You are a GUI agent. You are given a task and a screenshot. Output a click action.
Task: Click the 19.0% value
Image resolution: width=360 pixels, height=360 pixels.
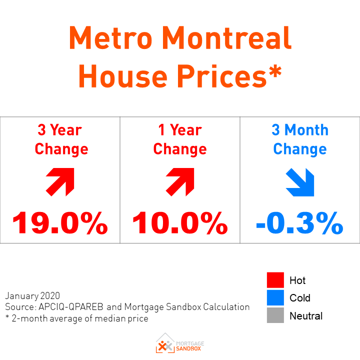pyautogui.click(x=60, y=223)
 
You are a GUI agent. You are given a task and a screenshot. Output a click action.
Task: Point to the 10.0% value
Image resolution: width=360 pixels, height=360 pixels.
pyautogui.click(x=180, y=223)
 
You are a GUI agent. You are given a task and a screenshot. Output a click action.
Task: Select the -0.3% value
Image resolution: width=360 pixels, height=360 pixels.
pyautogui.click(x=299, y=223)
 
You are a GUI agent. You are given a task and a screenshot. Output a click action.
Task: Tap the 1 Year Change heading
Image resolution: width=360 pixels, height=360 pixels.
pyautogui.click(x=180, y=139)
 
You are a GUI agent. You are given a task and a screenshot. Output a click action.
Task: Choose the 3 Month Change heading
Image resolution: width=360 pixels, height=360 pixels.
pyautogui.click(x=300, y=139)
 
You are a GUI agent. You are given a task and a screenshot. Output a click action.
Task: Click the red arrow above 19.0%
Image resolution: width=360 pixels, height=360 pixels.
pyautogui.click(x=60, y=181)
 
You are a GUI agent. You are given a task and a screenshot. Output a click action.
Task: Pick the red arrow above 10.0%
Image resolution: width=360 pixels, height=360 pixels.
pyautogui.click(x=180, y=181)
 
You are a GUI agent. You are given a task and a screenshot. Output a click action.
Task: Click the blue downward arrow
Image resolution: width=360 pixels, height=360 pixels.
pyautogui.click(x=300, y=182)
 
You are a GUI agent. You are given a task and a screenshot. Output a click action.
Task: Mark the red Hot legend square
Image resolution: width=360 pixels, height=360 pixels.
pyautogui.click(x=275, y=280)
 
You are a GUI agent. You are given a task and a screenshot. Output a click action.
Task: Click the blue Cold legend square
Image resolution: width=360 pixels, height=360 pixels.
pyautogui.click(x=275, y=298)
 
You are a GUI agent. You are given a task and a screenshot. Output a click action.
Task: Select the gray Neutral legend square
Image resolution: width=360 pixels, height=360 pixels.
pyautogui.click(x=275, y=316)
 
